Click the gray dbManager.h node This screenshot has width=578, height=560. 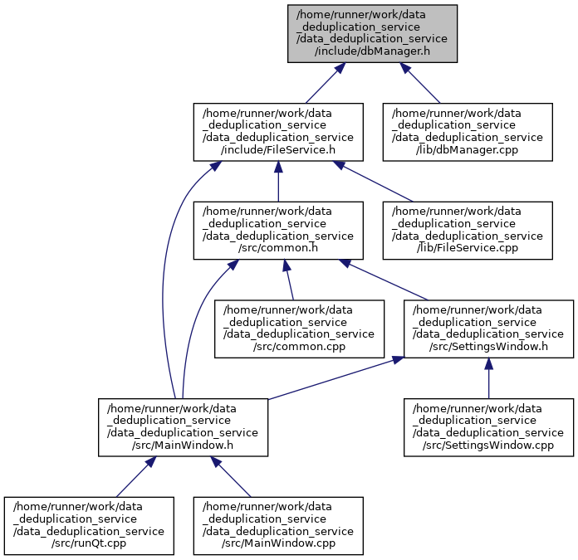[372, 33]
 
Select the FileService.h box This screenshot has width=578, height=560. [278, 132]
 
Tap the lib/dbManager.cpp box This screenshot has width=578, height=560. [468, 132]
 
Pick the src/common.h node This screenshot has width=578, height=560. [278, 230]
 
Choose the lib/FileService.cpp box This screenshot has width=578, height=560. [468, 230]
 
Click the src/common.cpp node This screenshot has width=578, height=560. [299, 329]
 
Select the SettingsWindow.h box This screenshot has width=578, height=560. [488, 329]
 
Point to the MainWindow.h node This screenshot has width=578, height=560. [183, 427]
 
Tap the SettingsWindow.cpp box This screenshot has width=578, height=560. [488, 427]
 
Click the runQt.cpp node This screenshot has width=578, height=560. [89, 526]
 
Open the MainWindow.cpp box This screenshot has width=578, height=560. [278, 526]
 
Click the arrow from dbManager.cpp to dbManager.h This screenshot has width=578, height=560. [420, 83]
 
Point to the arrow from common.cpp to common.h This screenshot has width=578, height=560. [288, 280]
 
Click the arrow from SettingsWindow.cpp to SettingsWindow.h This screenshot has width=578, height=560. [488, 378]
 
